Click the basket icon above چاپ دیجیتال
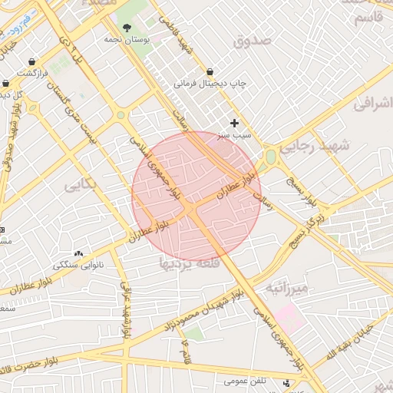[210, 72]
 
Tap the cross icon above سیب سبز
[234, 123]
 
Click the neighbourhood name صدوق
[253, 41]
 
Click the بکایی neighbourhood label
[81, 185]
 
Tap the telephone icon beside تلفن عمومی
[287, 382]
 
